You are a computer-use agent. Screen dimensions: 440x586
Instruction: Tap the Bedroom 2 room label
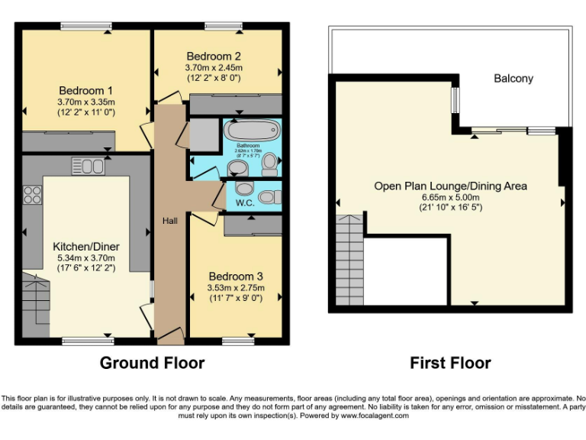[214, 56]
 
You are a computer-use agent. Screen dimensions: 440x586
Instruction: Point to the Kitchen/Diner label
[85, 247]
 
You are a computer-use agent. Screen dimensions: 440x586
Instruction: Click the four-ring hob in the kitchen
[32, 195]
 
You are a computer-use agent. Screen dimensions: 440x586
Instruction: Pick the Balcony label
[513, 79]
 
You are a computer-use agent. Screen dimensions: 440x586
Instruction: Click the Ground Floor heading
[152, 363]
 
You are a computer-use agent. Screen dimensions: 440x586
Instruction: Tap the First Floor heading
[450, 363]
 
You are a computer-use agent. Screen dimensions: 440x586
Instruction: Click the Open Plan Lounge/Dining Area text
[450, 186]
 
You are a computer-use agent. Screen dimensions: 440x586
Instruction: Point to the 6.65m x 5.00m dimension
[450, 196]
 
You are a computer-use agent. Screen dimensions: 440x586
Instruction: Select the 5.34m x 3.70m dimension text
[85, 258]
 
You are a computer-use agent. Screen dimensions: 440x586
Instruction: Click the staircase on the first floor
[349, 260]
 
